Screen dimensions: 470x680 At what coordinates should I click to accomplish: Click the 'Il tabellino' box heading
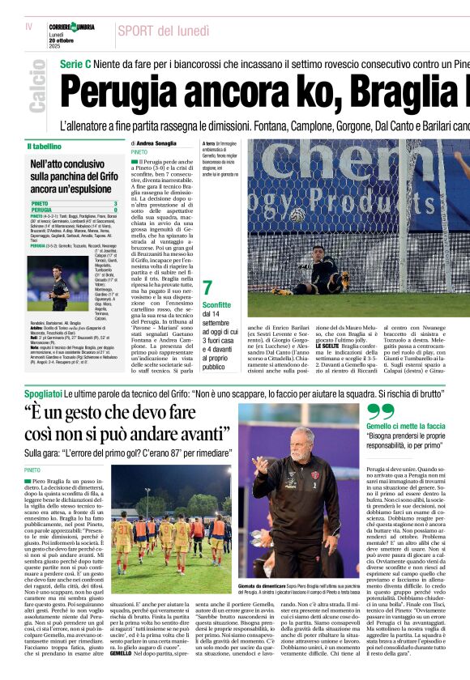[45, 147]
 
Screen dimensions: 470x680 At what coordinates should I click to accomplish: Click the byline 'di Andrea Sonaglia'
[153, 143]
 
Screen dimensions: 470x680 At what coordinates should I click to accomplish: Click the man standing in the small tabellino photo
[58, 285]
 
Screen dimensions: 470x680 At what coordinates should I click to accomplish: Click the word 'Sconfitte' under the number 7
[217, 304]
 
